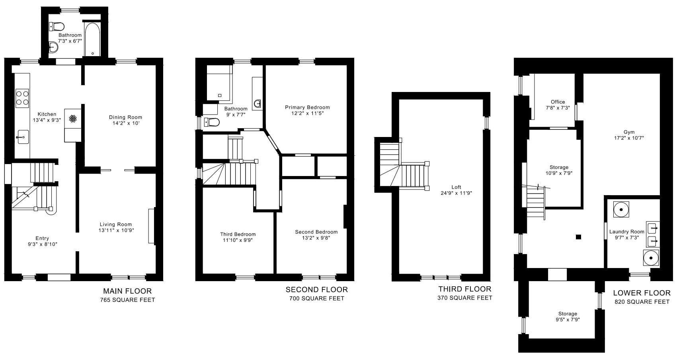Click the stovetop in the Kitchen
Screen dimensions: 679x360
click(22, 98)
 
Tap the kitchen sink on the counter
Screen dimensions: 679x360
click(22, 137)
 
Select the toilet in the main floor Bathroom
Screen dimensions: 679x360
click(57, 27)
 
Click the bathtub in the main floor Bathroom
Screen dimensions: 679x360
click(92, 40)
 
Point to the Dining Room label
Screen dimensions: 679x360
click(125, 117)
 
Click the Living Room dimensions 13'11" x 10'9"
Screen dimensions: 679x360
click(116, 230)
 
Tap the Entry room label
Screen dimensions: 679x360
click(42, 239)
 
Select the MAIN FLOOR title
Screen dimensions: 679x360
click(127, 291)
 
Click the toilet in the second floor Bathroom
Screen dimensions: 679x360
click(212, 122)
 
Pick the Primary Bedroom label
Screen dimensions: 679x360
click(307, 108)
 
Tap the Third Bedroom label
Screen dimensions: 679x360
click(238, 234)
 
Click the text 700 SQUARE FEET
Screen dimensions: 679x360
click(317, 298)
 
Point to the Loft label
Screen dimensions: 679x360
click(456, 187)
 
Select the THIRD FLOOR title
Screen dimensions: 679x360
click(465, 289)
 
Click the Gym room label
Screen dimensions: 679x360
click(629, 132)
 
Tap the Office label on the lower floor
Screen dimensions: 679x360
click(558, 102)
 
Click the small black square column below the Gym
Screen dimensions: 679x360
click(578, 237)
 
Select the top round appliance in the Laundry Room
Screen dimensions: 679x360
click(621, 209)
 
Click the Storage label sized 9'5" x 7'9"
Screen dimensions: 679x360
click(568, 314)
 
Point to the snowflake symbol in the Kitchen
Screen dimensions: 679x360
click(73, 119)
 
